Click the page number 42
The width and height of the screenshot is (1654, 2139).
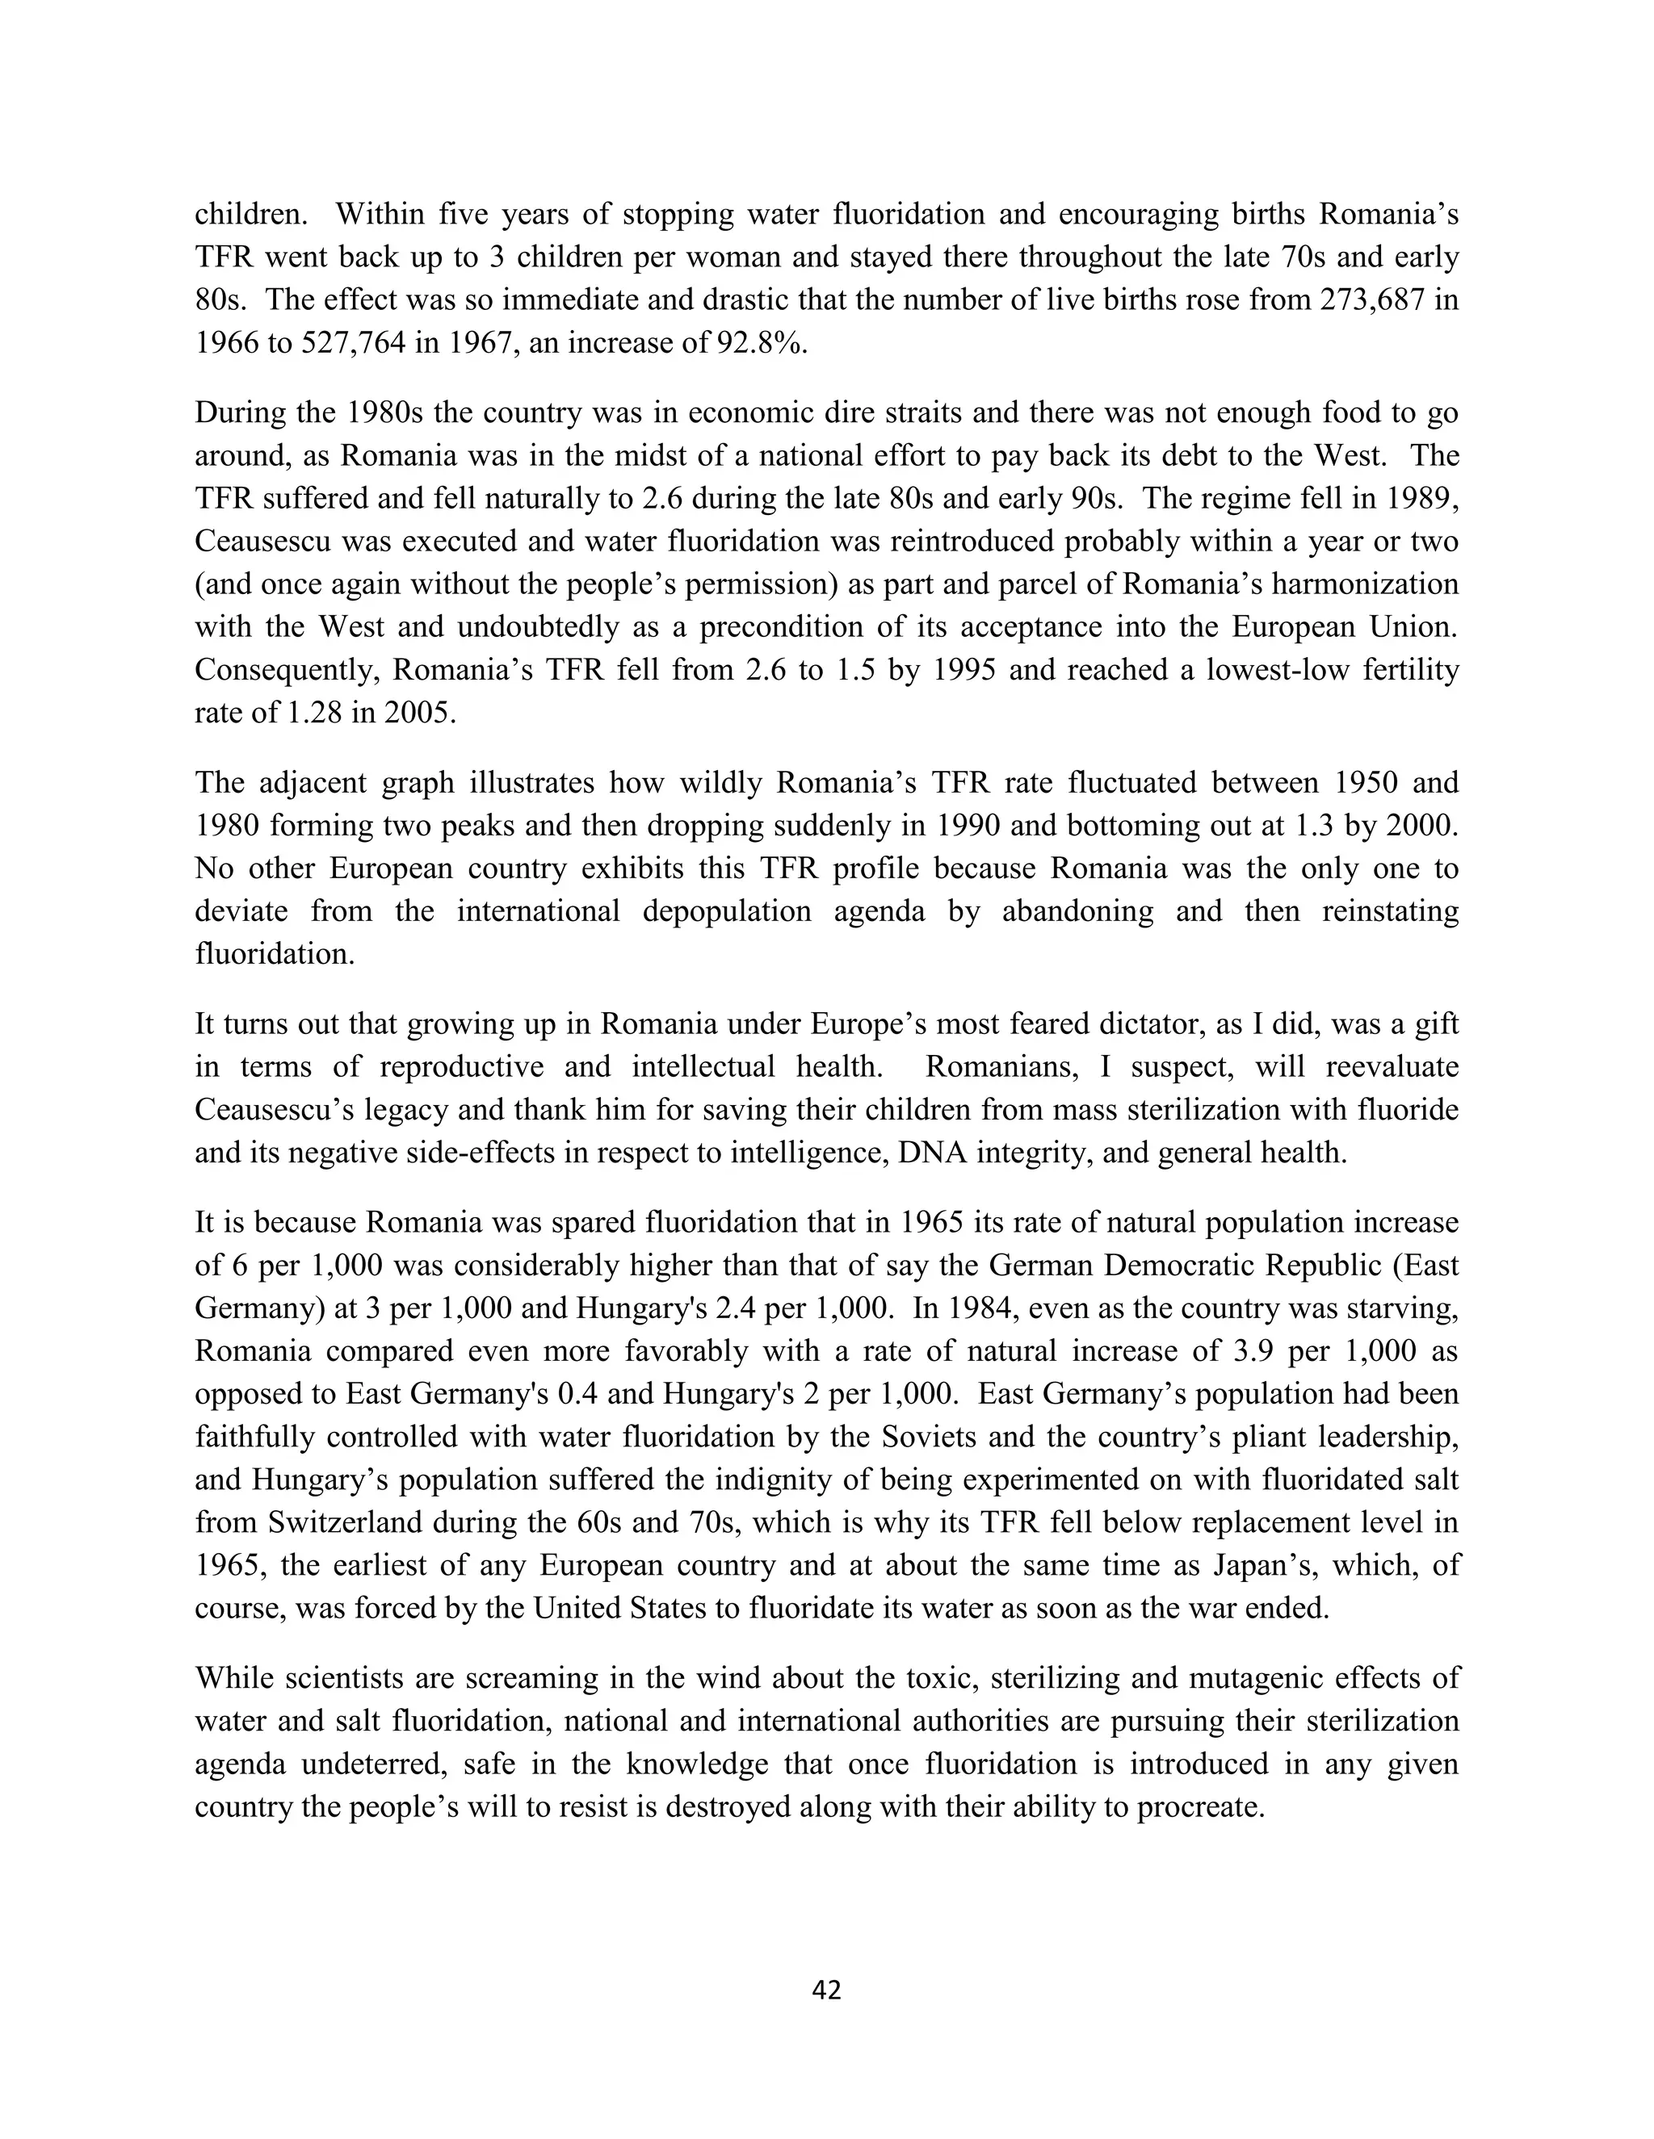pyautogui.click(x=826, y=1990)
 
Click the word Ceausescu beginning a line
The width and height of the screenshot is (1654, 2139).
pyautogui.click(x=263, y=542)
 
